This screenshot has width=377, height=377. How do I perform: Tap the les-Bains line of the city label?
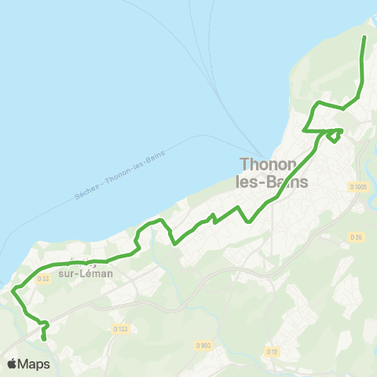(x=273, y=181)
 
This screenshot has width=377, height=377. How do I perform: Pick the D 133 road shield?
(x=120, y=328)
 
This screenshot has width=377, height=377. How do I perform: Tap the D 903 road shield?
(x=203, y=346)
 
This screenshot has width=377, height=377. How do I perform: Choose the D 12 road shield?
(x=273, y=351)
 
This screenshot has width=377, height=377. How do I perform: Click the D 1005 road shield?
(x=358, y=186)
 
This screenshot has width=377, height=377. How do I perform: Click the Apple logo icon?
(x=13, y=364)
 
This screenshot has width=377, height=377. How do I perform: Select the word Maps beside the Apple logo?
(x=35, y=364)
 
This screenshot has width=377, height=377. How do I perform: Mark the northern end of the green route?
(x=364, y=37)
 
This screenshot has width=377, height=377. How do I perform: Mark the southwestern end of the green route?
(x=43, y=339)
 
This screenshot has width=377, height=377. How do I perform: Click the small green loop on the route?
(x=335, y=135)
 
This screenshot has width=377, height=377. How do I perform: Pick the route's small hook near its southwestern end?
(x=45, y=324)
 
